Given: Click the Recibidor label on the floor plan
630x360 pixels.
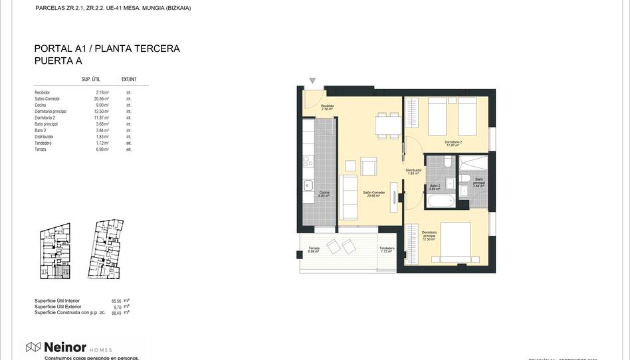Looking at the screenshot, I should pos(327,106).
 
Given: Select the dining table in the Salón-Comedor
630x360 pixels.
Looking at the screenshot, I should pos(387,125).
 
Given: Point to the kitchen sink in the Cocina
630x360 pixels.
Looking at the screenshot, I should pos(308,186).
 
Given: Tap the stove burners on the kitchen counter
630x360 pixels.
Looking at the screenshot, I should pos(308,161).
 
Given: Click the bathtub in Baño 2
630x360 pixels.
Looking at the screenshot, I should pos(439,201).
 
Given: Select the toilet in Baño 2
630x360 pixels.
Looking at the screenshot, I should pos(448,161).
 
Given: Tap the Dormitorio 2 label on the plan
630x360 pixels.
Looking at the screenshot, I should pos(453,143).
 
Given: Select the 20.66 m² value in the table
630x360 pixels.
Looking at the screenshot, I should pos(101,99).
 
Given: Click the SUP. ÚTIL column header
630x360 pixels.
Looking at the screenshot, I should pos(90,79).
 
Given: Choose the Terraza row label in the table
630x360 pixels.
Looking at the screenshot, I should pos(41,149).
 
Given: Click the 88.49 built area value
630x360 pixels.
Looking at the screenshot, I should pos(117,312).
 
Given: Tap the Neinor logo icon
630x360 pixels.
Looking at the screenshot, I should pos(33,347).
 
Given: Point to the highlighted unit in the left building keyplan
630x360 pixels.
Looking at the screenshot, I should pos(61,271).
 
